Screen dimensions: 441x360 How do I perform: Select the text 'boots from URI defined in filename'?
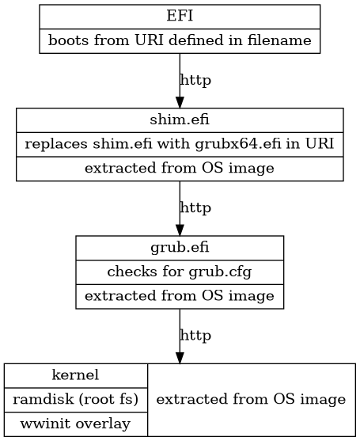point(180,41)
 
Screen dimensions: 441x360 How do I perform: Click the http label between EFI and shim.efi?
point(195,80)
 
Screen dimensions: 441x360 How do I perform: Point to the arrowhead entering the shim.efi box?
point(180,102)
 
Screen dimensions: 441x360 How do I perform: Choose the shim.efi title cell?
point(180,120)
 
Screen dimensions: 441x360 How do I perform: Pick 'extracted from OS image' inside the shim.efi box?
point(180,169)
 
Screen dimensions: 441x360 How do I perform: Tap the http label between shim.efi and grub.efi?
point(195,208)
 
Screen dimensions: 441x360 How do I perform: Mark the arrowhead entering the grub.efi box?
point(180,230)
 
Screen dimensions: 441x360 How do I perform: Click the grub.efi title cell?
point(180,248)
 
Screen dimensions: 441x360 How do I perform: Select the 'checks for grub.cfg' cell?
point(180,272)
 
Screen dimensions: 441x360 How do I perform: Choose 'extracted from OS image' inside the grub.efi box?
point(180,297)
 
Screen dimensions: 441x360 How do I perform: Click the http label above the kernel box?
point(195,336)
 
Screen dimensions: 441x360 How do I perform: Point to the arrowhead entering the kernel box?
point(180,358)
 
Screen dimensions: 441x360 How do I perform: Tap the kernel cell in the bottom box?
point(75,374)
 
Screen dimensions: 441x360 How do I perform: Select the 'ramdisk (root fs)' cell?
point(75,399)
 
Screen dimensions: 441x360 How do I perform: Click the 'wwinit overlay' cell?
point(75,424)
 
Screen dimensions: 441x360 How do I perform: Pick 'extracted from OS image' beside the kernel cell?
point(251,399)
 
